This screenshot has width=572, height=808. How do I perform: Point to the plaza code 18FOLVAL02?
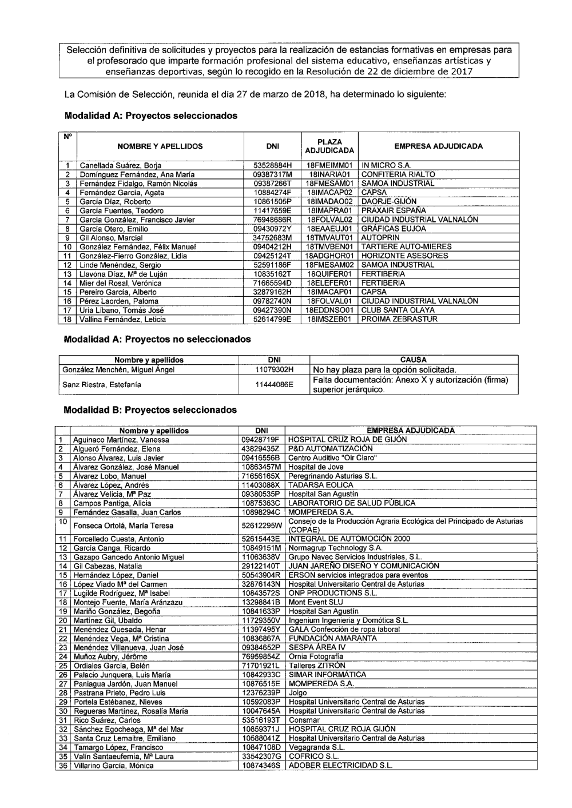click(x=329, y=220)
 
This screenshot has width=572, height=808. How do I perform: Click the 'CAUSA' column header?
click(x=414, y=360)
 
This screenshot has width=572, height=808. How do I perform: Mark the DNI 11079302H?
click(x=274, y=369)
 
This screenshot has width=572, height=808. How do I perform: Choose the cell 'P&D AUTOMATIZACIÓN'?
click(x=331, y=449)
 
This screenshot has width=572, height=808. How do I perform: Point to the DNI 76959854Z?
click(x=261, y=656)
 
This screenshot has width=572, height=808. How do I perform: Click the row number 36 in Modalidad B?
click(x=62, y=765)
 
